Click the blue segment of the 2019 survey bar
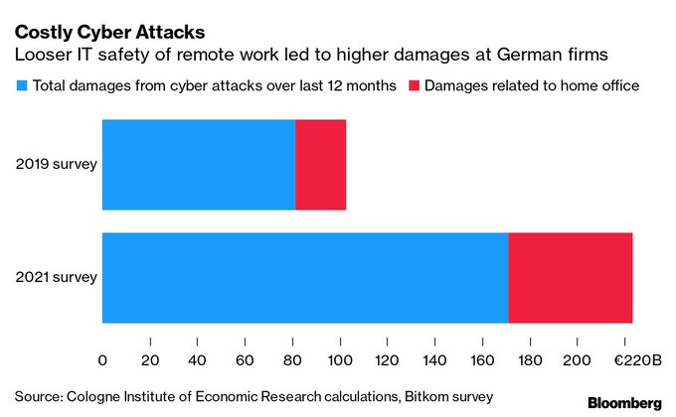tap(199, 165)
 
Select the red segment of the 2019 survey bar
tap(321, 165)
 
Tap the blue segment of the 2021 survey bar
tap(304, 277)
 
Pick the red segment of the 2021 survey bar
tap(571, 277)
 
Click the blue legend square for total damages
tap(21, 86)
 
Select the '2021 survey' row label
tap(57, 277)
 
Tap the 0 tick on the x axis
tap(102, 357)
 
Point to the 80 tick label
tap(292, 357)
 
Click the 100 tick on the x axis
tap(339, 357)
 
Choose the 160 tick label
tap(481, 357)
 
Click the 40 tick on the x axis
tap(197, 357)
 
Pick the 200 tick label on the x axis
tap(576, 357)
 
